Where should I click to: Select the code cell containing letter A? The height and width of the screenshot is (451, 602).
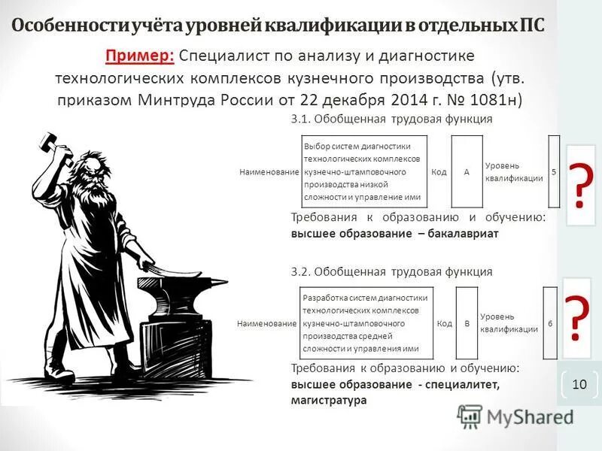point(467,172)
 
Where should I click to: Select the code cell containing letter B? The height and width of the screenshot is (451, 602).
point(467,323)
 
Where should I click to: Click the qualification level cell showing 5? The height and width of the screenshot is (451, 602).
point(554,172)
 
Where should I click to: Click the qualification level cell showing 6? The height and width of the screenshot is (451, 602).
point(550,323)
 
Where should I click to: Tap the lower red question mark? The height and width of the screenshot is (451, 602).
point(576,319)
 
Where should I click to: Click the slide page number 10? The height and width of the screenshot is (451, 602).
point(579,384)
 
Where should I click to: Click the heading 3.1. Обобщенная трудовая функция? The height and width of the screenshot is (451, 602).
point(391,120)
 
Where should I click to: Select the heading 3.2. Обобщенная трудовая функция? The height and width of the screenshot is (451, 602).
point(391,271)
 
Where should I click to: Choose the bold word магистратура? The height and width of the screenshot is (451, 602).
point(328,401)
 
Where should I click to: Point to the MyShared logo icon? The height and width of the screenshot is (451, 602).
point(469,416)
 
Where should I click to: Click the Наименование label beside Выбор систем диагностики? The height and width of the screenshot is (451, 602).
point(269,172)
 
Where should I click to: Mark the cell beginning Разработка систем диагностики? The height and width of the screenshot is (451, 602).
point(366,323)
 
